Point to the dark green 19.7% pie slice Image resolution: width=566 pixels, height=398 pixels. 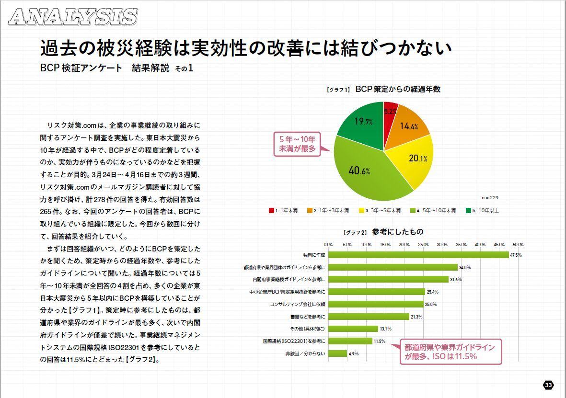(362, 122)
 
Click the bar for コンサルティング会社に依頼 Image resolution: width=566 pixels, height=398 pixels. (375, 304)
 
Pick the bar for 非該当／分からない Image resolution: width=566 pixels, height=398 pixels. (337, 353)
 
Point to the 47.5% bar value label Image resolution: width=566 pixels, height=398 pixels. (516, 255)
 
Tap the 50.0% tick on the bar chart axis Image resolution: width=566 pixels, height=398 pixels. (518, 244)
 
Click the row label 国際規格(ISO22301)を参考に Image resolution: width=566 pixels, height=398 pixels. (294, 341)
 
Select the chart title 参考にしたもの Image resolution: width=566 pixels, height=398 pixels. (397, 232)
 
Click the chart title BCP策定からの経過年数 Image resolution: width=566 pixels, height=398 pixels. (398, 89)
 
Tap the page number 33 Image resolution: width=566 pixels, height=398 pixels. (548, 385)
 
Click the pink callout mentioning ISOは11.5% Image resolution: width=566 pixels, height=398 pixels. (450, 352)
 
